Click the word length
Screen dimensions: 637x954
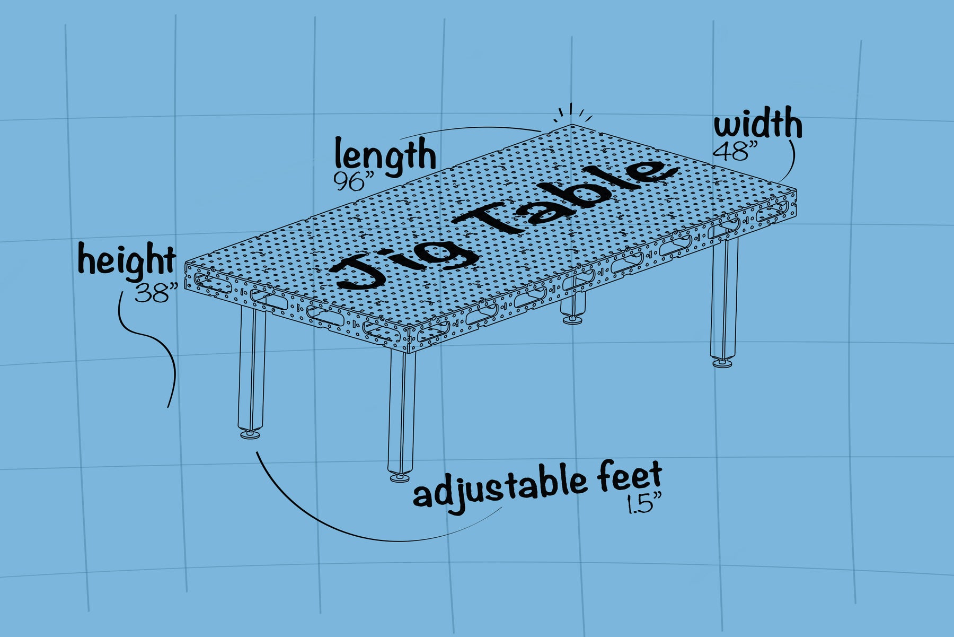[385, 155]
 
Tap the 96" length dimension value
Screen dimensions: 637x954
[350, 181]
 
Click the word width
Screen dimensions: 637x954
[758, 124]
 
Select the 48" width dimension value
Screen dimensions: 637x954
[731, 152]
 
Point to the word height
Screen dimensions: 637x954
[127, 260]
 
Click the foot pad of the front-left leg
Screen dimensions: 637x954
[251, 435]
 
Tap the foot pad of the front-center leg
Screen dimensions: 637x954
[400, 478]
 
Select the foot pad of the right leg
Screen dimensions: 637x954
[723, 363]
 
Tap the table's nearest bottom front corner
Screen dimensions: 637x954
[409, 351]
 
